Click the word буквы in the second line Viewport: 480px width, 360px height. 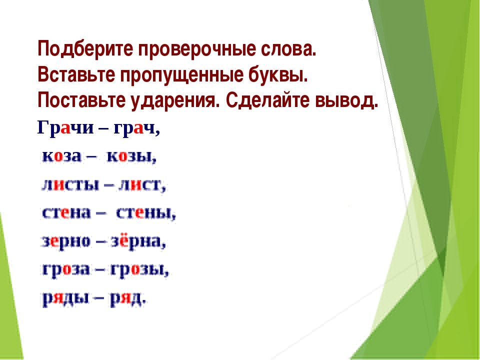pos(276,74)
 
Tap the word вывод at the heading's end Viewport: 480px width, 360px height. pos(344,100)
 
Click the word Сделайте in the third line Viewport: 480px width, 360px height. pos(267,100)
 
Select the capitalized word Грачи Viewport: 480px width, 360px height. pos(65,127)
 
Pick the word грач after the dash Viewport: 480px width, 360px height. pos(134,128)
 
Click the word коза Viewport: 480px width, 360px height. pos(61,156)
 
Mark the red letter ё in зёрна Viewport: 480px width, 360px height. pos(123,240)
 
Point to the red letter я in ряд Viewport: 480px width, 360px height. pos(125,297)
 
